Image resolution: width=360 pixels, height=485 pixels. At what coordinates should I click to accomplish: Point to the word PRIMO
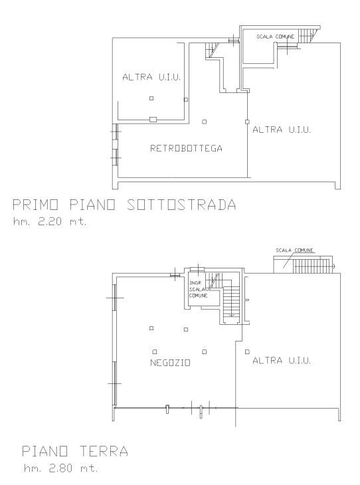point(33,205)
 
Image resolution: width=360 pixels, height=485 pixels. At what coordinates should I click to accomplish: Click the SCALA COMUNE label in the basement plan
point(276,36)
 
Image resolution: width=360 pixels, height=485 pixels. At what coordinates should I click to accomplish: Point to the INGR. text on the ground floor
point(195,282)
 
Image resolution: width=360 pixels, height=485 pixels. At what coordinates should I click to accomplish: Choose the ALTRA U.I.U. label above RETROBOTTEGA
point(151,78)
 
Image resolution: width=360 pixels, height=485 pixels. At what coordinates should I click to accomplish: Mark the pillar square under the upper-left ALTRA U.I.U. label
point(151,98)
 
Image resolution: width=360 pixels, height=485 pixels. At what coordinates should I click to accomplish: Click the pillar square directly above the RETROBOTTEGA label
point(205,121)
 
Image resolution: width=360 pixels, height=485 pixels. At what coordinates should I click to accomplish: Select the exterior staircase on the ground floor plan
point(309,266)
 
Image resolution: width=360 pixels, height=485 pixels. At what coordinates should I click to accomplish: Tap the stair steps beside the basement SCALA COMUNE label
point(306,34)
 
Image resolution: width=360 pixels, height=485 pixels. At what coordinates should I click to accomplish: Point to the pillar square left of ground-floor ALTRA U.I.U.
point(247,351)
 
